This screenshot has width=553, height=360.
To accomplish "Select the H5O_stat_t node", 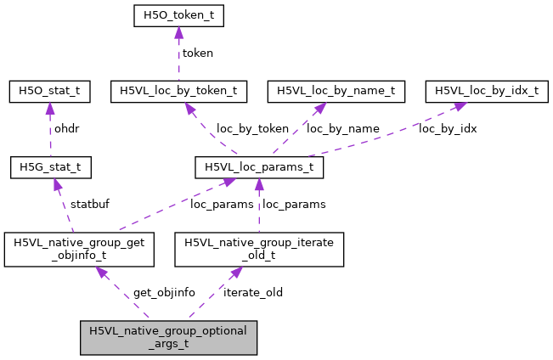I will (x=49, y=90).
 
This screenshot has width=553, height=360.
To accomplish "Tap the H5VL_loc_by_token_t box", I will (x=179, y=90).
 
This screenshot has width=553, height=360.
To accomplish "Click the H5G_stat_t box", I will (x=50, y=166).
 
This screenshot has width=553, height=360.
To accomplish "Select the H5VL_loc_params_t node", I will (x=259, y=166).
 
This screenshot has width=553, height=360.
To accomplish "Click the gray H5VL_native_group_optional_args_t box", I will (x=167, y=337).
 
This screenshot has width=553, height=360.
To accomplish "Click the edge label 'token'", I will (x=197, y=53).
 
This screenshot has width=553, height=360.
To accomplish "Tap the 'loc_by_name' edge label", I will (x=342, y=129).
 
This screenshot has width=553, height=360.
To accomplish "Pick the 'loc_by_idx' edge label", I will (x=447, y=129).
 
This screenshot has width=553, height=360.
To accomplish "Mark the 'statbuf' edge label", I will (x=90, y=204).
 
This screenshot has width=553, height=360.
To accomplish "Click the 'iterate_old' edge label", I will (x=253, y=292).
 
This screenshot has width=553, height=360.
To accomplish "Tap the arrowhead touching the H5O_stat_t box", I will (x=49, y=105).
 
